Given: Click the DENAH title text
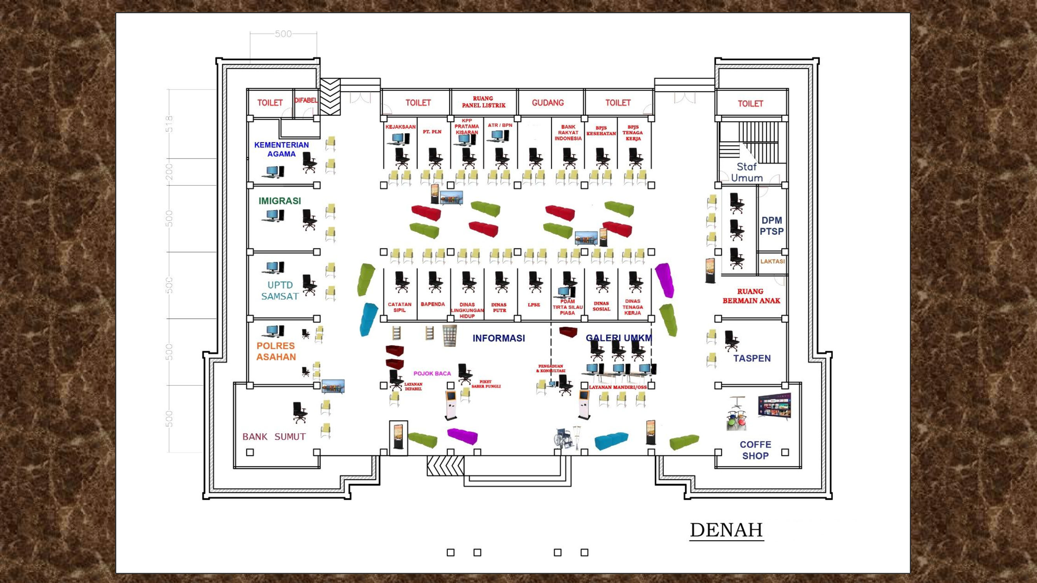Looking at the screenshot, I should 726,530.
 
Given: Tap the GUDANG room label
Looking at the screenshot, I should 547,103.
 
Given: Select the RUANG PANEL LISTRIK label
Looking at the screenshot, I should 483,102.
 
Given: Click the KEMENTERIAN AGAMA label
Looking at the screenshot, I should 282,149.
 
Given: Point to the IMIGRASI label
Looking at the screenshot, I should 280,201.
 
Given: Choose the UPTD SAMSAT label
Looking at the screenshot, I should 280,290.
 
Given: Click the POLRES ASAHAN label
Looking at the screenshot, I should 276,351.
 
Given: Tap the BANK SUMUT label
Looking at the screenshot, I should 274,436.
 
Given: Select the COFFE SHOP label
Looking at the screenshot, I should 755,450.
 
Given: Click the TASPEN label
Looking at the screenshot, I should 752,358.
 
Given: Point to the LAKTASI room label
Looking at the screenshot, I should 772,262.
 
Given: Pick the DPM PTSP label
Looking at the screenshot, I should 771,226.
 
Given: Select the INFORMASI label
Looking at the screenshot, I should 498,339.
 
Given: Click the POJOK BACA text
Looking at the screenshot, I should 432,374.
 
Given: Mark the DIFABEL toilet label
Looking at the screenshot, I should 306,101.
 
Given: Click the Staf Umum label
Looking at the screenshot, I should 747,172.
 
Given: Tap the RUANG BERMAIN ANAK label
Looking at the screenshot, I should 751,296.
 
